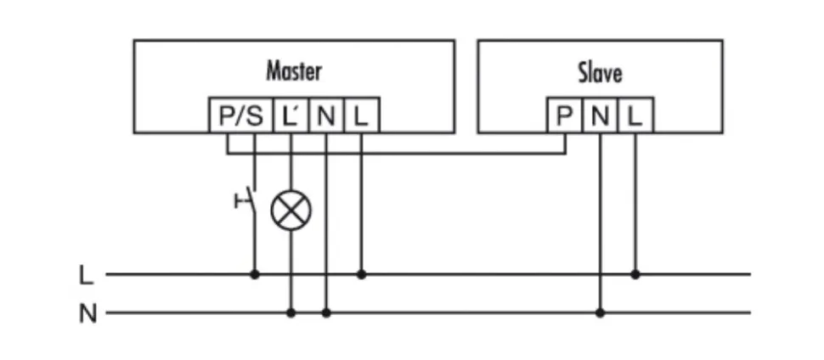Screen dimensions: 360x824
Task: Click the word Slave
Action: [x=600, y=72]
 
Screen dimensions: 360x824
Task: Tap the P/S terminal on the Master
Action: [x=241, y=116]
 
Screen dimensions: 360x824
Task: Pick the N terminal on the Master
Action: [x=326, y=116]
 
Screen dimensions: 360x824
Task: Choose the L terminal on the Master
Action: [x=361, y=116]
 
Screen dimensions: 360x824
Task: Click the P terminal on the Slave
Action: [x=564, y=116]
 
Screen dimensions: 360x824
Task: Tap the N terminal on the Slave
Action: [x=600, y=116]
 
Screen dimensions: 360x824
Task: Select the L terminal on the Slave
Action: [x=635, y=116]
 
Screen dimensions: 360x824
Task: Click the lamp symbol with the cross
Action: [x=291, y=210]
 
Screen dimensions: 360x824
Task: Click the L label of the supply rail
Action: [x=86, y=275]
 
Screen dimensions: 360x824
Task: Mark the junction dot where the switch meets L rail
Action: [x=254, y=274]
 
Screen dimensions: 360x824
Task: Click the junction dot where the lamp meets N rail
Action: [x=291, y=312]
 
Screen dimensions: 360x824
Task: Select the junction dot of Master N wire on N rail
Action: [x=326, y=312]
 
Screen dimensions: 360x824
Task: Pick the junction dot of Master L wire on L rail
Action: [x=361, y=274]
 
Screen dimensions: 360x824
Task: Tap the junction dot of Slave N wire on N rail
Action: [x=600, y=312]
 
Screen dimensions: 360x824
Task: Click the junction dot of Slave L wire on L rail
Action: [x=635, y=274]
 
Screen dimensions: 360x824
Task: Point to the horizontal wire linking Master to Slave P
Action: [x=425, y=154]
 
